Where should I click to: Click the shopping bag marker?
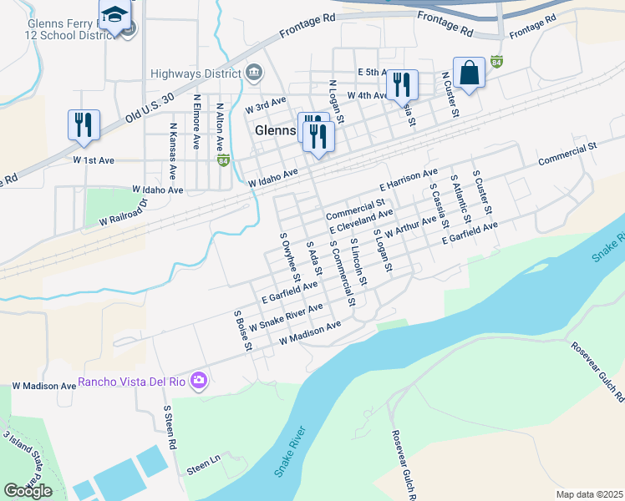point(469,73)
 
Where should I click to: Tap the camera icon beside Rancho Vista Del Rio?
point(199,382)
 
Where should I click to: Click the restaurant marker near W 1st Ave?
point(84,125)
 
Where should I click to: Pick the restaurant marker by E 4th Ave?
point(402,85)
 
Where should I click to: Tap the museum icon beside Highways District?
point(253,73)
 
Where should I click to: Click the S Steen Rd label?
point(169,428)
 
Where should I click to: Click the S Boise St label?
point(243,331)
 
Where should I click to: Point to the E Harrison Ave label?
point(408,180)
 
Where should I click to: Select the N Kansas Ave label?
point(172,155)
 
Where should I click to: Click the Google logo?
point(28,491)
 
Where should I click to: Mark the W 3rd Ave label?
point(265,109)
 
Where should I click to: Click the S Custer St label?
point(483,190)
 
